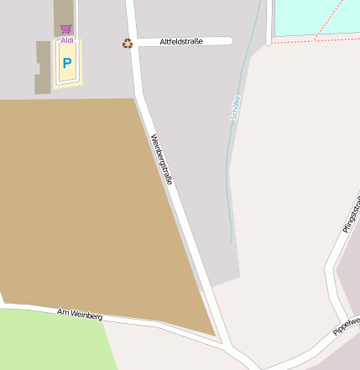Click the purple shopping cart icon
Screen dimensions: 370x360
coord(66,29)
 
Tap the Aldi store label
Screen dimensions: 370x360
coord(67,39)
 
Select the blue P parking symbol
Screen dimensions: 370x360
coord(67,63)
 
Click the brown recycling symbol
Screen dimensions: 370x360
coord(128,44)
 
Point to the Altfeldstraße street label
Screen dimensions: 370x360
coord(181,41)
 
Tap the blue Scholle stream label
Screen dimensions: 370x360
coord(235,106)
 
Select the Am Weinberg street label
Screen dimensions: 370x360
coord(80,314)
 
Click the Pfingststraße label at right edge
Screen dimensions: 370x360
coord(352,214)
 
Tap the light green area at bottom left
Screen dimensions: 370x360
coord(50,340)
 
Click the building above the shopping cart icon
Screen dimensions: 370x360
coord(64,11)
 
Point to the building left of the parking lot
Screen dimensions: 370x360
coord(42,67)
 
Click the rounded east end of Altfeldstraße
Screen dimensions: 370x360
coord(228,40)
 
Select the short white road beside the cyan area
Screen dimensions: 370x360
coord(269,21)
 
